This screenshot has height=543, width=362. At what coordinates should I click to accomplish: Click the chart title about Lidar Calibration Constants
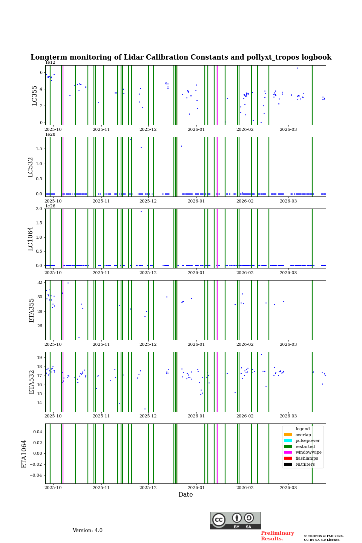tap(181, 57)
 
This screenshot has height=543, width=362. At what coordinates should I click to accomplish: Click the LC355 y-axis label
tap(35, 95)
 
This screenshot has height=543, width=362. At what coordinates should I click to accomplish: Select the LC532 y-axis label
tap(31, 167)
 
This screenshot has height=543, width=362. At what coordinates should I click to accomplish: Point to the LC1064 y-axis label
tap(31, 238)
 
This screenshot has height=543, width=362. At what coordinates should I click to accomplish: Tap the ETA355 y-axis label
tap(32, 310)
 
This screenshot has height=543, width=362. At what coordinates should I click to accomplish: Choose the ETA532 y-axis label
tap(32, 382)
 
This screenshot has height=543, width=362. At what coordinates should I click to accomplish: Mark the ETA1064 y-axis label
tap(24, 454)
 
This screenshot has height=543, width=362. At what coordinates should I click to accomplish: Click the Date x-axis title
tap(186, 495)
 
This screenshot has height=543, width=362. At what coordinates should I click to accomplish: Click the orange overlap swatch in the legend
tap(288, 435)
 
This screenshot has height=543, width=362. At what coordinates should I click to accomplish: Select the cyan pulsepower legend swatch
tap(288, 441)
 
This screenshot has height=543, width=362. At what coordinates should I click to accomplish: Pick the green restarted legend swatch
tap(288, 446)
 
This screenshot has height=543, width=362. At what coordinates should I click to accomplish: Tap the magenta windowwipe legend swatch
tap(288, 452)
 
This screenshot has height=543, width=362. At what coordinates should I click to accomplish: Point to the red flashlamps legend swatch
tap(288, 458)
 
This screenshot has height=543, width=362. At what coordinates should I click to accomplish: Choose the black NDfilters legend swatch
tap(288, 464)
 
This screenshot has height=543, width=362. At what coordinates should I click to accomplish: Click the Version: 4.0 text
tap(87, 531)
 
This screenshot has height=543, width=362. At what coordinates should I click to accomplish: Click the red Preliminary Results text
tap(277, 536)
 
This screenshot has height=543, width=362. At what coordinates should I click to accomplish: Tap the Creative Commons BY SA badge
tap(235, 520)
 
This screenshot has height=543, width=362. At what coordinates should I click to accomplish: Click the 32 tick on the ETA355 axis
tap(40, 282)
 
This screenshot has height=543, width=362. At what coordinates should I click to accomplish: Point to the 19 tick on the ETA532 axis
tap(40, 357)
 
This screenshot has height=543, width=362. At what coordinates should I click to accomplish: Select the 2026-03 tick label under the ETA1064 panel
tap(288, 488)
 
